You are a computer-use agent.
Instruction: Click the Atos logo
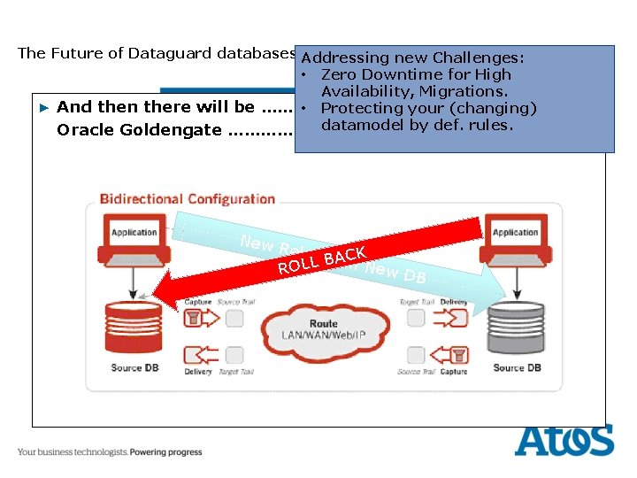(564, 441)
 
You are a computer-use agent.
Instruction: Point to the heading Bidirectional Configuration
(187, 199)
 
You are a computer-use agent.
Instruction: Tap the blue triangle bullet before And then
(45, 107)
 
